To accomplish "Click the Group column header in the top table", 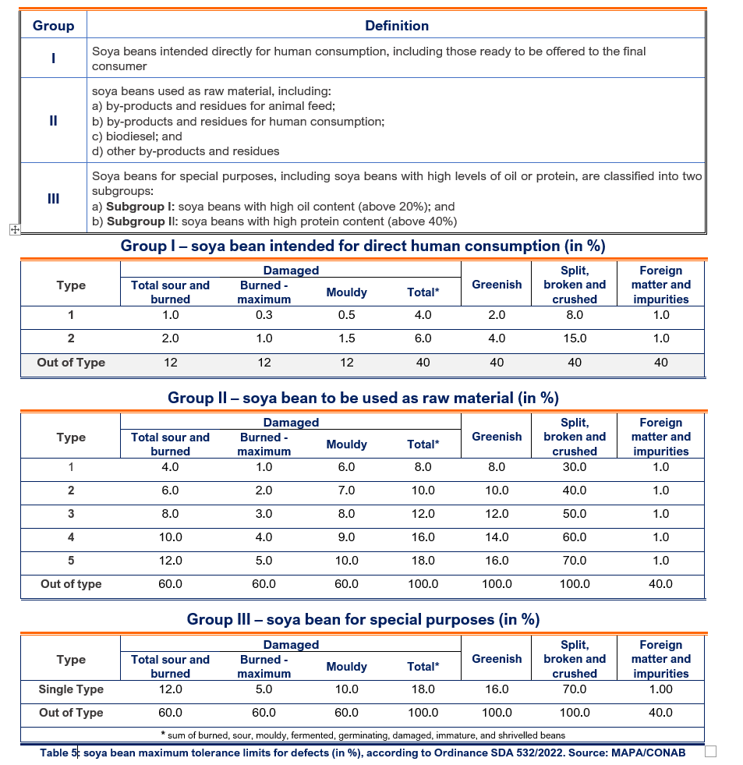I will (53, 26).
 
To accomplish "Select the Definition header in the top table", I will (396, 26).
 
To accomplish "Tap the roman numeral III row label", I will (53, 198).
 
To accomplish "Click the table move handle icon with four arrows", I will (13, 229).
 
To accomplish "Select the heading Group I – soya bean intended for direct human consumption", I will (363, 246).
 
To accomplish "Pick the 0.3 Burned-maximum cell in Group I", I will (264, 315).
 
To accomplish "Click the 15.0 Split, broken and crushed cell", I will (575, 338).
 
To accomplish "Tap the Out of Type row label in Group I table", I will (71, 362).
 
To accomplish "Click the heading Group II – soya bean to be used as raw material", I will (363, 398).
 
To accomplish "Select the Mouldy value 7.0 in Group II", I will (346, 491).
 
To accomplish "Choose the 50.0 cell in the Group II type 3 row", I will (575, 514).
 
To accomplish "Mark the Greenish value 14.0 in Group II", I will (497, 537).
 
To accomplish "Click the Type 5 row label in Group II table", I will (71, 561).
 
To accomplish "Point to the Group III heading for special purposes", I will (363, 620).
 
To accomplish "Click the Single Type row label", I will (71, 689).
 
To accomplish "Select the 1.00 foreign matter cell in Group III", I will (660, 689).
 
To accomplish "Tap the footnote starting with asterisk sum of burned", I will (363, 735).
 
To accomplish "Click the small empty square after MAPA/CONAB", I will (709, 752).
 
